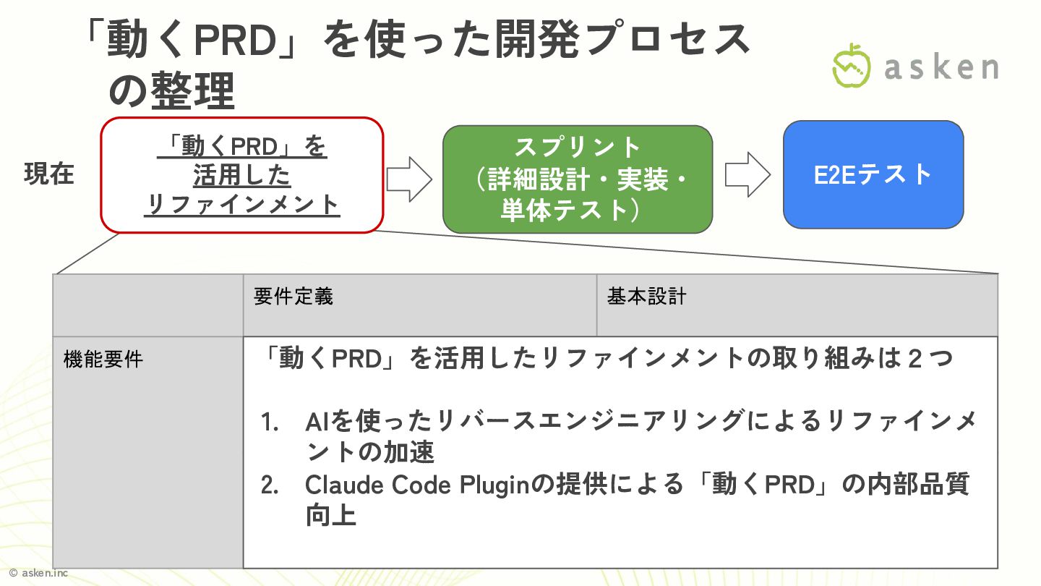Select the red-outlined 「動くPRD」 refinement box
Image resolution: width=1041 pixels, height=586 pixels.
[x=241, y=176]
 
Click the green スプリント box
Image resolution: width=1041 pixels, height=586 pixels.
[x=578, y=179]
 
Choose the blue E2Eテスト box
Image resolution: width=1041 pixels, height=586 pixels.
[x=873, y=174]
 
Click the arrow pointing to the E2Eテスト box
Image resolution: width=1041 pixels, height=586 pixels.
[x=747, y=174]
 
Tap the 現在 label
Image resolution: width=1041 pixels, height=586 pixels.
[x=49, y=174]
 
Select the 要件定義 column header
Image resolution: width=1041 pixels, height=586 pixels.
[x=294, y=297]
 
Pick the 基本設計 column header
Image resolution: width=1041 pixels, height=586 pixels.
[x=646, y=297]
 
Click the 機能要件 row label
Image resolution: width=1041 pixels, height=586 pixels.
[x=103, y=360]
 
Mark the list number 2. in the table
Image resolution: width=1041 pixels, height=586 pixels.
[x=270, y=485]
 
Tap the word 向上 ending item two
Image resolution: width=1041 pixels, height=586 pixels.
[x=330, y=516]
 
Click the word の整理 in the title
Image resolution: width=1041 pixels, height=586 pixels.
[x=171, y=92]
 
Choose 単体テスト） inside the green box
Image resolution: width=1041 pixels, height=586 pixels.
[x=566, y=211]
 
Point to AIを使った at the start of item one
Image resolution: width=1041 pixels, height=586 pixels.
[x=351, y=422]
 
